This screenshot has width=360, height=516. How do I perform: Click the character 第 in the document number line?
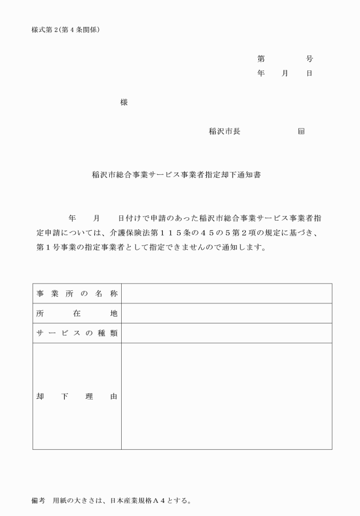click(261, 59)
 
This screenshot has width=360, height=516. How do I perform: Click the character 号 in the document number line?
click(309, 59)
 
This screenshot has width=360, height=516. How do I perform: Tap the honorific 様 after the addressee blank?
click(124, 102)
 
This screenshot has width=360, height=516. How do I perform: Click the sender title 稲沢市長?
click(224, 131)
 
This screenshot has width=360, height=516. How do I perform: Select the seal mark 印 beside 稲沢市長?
click(301, 131)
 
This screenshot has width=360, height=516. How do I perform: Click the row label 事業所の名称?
click(77, 294)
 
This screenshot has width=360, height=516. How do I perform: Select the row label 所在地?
click(77, 314)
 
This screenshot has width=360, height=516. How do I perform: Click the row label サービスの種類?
click(77, 333)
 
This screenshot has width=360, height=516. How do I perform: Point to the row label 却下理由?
click(77, 397)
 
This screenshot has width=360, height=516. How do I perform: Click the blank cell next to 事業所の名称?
click(226, 294)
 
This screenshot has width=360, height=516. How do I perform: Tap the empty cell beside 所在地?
click(226, 314)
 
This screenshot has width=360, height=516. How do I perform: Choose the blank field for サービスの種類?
click(226, 333)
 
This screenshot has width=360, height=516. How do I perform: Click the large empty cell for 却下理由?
click(226, 397)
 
